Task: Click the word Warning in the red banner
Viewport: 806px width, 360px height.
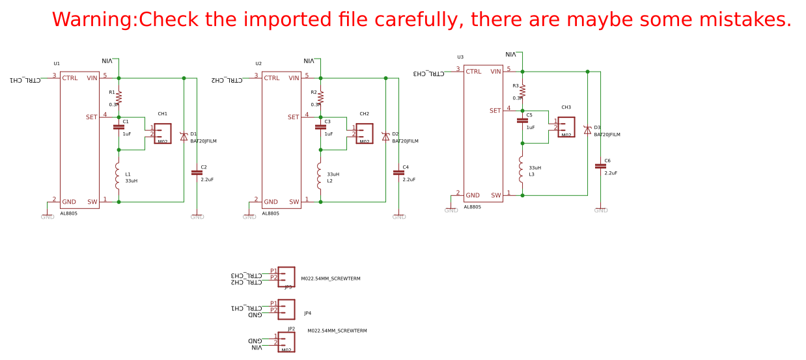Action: pyautogui.click(x=94, y=20)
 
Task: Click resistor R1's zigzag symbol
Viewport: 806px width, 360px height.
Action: pyautogui.click(x=118, y=97)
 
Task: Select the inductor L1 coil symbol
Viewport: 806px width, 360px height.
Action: pyautogui.click(x=118, y=176)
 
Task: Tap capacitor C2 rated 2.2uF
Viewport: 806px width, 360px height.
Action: pyautogui.click(x=197, y=173)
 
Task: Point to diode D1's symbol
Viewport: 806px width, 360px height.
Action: pyautogui.click(x=184, y=137)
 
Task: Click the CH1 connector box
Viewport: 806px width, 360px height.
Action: pyautogui.click(x=162, y=133)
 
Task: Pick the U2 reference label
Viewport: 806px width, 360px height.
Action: pyautogui.click(x=258, y=64)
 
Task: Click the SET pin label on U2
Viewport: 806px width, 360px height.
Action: pyautogui.click(x=294, y=117)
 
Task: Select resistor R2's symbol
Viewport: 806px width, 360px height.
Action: pyautogui.click(x=320, y=97)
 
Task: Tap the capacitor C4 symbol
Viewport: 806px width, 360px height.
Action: pyautogui.click(x=398, y=173)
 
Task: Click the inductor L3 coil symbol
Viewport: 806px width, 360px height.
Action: pyautogui.click(x=521, y=169)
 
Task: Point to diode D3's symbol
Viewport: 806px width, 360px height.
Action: pyautogui.click(x=587, y=130)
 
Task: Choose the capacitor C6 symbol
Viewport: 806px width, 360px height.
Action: pyautogui.click(x=600, y=166)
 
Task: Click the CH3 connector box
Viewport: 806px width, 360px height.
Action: pyautogui.click(x=566, y=127)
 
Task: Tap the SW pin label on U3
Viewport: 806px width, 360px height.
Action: pyautogui.click(x=496, y=195)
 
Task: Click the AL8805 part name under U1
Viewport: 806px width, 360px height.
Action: pyautogui.click(x=69, y=214)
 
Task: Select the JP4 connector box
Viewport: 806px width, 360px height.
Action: pyautogui.click(x=286, y=309)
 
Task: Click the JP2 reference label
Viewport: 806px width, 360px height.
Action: pyautogui.click(x=291, y=329)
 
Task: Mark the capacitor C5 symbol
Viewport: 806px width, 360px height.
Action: pyautogui.click(x=522, y=120)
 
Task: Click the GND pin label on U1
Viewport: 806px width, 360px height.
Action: pyautogui.click(x=69, y=202)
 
